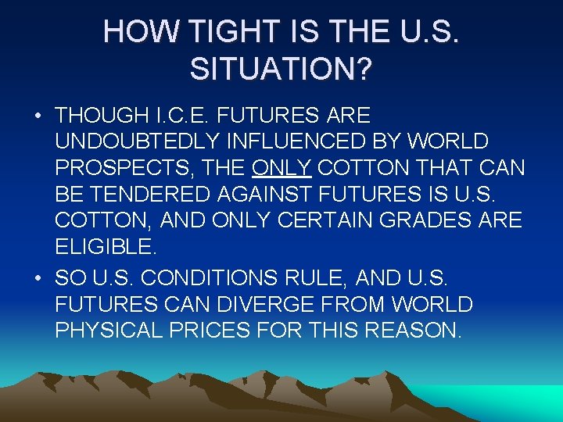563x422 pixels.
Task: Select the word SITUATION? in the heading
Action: point(281,70)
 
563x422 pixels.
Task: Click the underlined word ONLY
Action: point(281,168)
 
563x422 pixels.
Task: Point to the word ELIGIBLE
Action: point(105,248)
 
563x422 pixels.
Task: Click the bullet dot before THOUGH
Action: point(38,116)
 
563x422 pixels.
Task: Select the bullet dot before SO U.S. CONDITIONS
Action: point(38,277)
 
